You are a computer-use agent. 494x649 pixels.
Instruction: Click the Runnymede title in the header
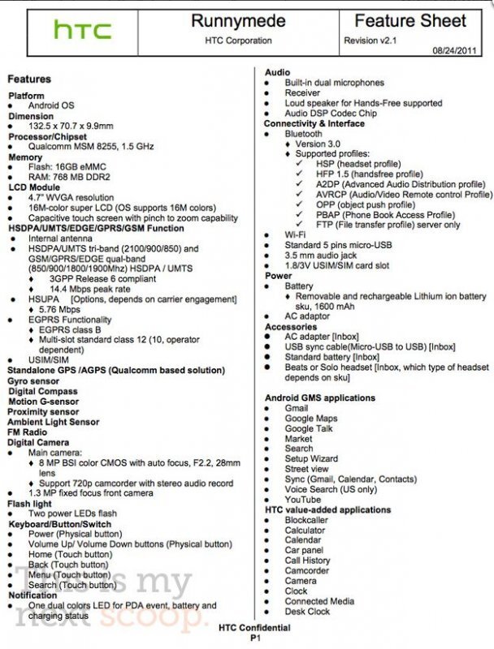pyautogui.click(x=227, y=21)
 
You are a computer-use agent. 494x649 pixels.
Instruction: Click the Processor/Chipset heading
pyautogui.click(x=48, y=137)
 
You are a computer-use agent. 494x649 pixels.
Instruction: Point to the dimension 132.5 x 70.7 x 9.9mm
pyautogui.click(x=71, y=127)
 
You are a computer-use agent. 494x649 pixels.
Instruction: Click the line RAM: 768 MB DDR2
pyautogui.click(x=69, y=177)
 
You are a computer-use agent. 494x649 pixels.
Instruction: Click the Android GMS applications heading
pyautogui.click(x=320, y=398)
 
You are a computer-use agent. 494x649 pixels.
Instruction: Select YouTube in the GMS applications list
pyautogui.click(x=303, y=499)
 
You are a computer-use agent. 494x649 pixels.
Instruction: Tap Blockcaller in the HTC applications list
pyautogui.click(x=306, y=520)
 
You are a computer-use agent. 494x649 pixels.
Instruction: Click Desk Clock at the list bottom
pyautogui.click(x=307, y=611)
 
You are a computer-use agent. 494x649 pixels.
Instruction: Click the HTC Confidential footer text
pyautogui.click(x=254, y=627)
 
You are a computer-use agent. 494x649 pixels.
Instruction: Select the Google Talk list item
pyautogui.click(x=309, y=428)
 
